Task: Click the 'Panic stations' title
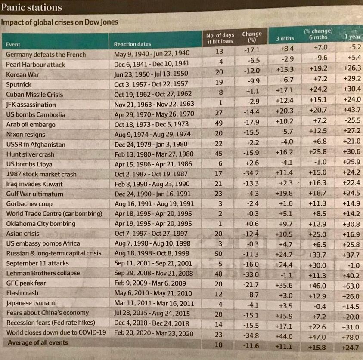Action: point(32,7)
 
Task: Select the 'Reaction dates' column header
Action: point(133,44)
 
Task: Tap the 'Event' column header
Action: point(13,44)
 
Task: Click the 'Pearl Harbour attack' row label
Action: point(35,65)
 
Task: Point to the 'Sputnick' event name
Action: point(19,84)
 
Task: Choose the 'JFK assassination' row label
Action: point(31,105)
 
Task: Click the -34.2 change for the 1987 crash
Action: point(251,173)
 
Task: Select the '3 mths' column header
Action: point(285,39)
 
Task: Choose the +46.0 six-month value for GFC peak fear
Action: point(319,285)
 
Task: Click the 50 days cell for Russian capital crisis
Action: point(219,253)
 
